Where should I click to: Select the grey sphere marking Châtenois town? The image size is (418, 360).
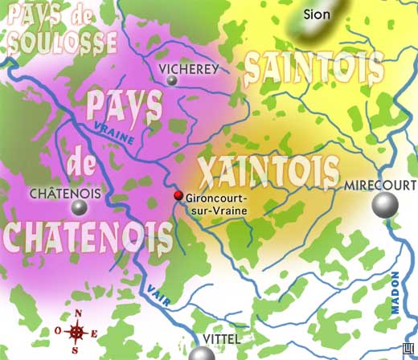click(78, 208)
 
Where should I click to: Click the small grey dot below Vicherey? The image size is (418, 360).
click(172, 80)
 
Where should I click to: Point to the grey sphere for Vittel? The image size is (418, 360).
click(203, 354)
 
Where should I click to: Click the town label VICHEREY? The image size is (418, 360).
click(189, 69)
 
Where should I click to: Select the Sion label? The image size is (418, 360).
click(317, 13)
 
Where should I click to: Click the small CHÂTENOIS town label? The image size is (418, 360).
click(64, 193)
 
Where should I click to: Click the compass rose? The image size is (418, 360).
click(77, 330)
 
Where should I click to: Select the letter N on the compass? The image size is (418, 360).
click(78, 314)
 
